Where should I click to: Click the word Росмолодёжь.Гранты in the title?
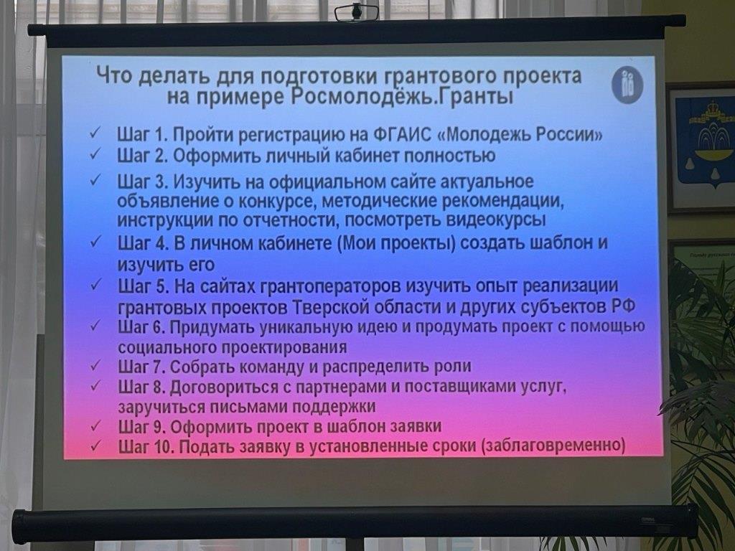pyautogui.click(x=402, y=97)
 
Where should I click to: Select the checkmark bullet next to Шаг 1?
pyautogui.click(x=94, y=133)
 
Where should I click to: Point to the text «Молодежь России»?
pyautogui.click(x=520, y=135)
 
